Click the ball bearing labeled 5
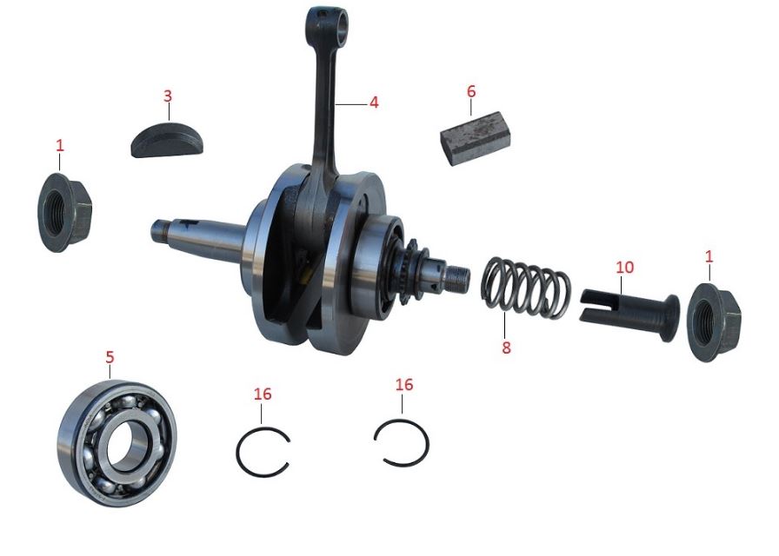click(x=117, y=442)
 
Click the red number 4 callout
click(x=374, y=103)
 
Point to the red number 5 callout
click(x=110, y=356)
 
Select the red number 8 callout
click(x=506, y=347)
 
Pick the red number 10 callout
click(x=625, y=265)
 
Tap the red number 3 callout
click(x=168, y=95)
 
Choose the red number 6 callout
click(x=471, y=91)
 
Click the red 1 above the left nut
click(x=59, y=145)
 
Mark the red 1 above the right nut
click(x=709, y=256)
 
